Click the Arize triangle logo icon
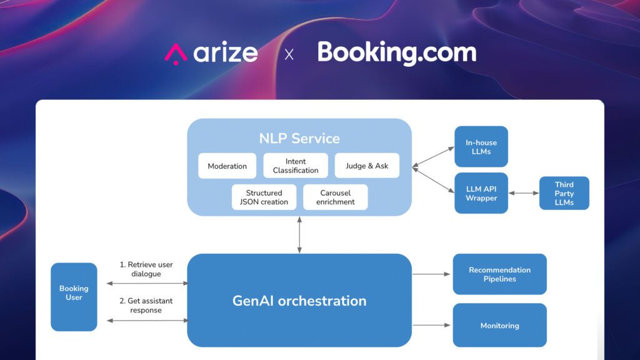(x=176, y=54)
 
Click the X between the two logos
(x=289, y=54)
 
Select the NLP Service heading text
(x=299, y=138)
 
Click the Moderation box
(x=227, y=166)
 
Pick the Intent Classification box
(x=296, y=166)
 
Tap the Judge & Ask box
(x=367, y=166)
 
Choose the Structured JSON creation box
(x=264, y=197)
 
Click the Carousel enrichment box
(x=336, y=197)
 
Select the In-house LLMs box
(x=481, y=147)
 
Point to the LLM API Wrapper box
(x=481, y=193)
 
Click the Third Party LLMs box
(x=564, y=193)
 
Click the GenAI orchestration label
(x=299, y=301)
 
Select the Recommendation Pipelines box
(x=499, y=274)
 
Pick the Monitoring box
(x=499, y=326)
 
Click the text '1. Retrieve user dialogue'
(x=146, y=269)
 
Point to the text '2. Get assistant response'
(x=146, y=305)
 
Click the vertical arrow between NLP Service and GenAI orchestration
(x=299, y=235)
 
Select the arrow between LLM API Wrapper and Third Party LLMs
(x=524, y=193)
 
